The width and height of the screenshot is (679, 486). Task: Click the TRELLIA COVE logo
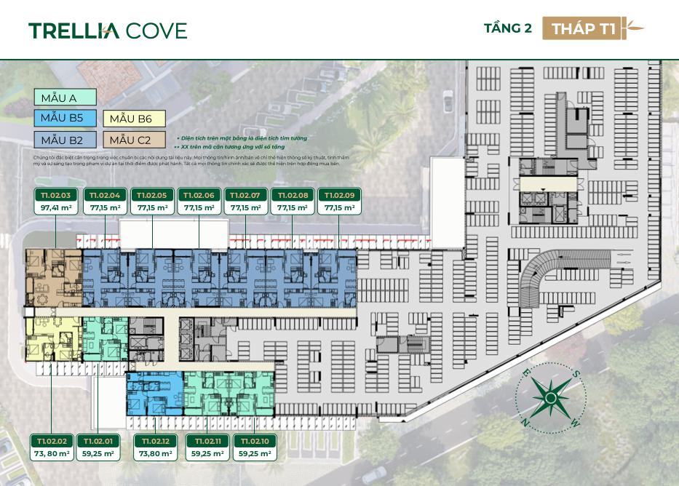108,30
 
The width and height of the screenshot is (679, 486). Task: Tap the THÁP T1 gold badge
584,28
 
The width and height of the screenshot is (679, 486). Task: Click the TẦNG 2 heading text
508,28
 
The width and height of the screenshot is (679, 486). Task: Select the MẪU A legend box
65,97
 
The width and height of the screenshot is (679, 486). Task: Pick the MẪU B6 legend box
135,119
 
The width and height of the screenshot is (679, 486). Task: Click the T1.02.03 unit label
55,195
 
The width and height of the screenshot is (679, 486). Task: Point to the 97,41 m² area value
55,208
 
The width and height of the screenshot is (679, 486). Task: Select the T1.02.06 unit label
199,195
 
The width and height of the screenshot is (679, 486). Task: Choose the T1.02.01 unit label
98,441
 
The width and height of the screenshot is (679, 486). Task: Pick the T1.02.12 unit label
156,441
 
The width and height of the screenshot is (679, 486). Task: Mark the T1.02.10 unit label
254,441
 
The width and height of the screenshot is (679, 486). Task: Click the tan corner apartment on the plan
54,278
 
